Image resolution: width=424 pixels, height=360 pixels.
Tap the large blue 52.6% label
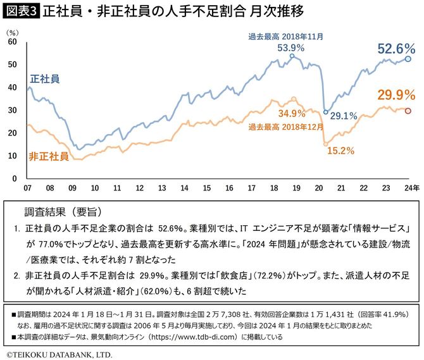[396, 49]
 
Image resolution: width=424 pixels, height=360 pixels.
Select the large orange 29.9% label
[396, 95]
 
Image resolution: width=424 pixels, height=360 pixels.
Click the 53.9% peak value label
[291, 47]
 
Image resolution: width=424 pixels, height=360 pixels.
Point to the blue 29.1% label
[344, 116]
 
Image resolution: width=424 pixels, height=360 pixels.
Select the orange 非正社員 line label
[49, 156]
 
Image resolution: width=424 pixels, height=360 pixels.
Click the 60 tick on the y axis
[12, 41]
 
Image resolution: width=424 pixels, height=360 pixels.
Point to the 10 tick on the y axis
[12, 156]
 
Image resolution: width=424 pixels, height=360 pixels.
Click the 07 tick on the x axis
[28, 188]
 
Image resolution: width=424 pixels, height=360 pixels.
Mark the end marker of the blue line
[408, 59]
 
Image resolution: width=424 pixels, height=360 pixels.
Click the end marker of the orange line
[408, 111]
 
